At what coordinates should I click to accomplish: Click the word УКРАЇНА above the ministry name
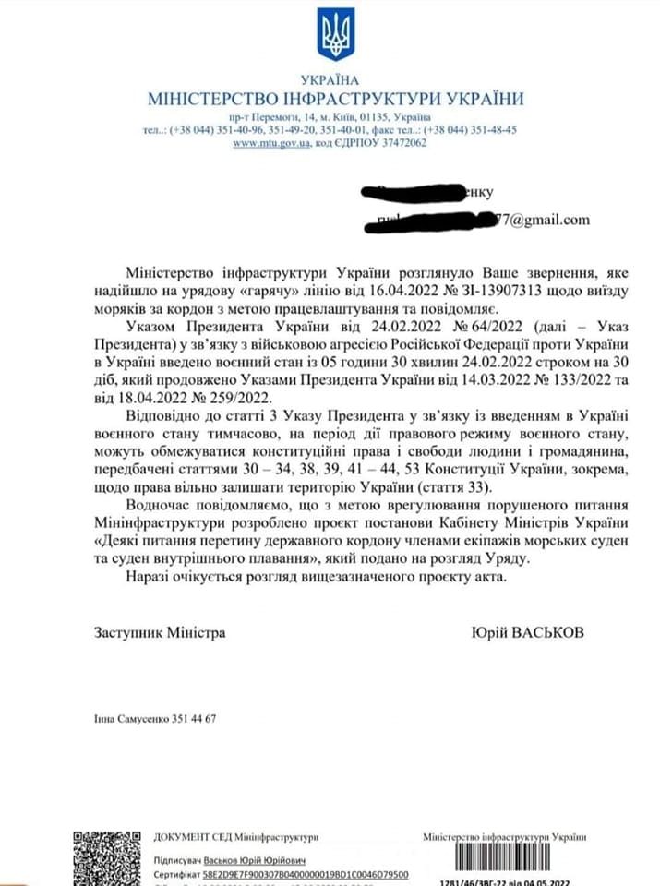[330, 80]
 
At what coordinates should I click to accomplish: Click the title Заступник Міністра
[159, 633]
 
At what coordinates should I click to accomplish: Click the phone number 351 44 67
[194, 719]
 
